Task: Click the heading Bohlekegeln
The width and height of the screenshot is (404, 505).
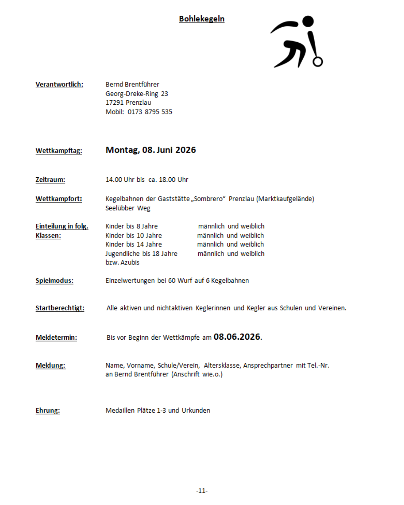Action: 202,19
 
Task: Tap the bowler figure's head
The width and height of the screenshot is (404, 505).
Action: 308,21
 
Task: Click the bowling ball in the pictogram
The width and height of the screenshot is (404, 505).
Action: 318,61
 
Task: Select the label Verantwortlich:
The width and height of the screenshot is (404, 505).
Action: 59,85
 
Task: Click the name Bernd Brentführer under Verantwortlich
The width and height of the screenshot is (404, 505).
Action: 132,85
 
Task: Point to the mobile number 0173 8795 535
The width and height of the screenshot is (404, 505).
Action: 150,112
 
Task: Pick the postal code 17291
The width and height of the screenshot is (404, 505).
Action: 114,102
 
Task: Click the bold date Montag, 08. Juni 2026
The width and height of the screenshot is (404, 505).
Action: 150,150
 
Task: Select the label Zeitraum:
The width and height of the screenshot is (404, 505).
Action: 50,180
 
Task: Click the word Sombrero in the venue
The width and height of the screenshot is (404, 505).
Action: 208,199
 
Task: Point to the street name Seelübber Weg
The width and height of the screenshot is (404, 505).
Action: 128,208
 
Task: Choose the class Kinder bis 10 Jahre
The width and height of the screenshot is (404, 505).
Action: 134,235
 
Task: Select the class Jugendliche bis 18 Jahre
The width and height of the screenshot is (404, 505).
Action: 141,254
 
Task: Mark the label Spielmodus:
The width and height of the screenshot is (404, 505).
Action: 54,281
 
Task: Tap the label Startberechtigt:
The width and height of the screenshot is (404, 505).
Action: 60,308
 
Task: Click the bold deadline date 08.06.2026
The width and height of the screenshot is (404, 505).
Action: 237,337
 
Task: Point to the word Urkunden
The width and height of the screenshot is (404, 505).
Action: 196,410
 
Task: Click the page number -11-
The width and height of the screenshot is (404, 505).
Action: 202,491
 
